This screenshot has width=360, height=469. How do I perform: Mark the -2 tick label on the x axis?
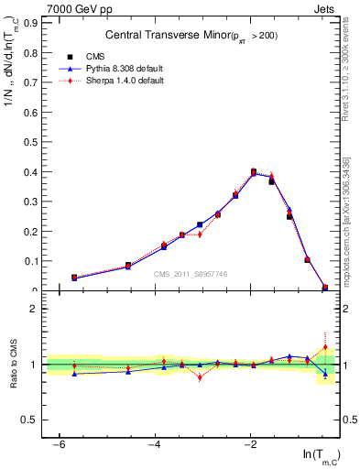251,444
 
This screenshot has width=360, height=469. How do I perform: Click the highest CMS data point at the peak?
254,171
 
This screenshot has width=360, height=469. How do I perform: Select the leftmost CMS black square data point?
74,277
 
